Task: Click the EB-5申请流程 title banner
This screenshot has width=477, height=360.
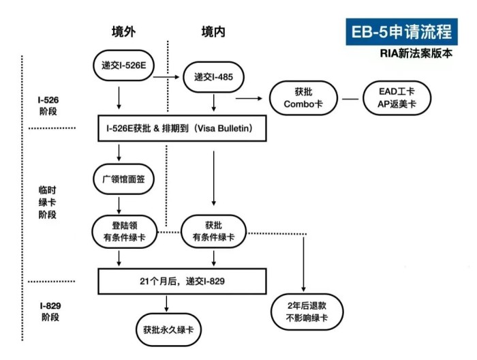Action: click(x=400, y=32)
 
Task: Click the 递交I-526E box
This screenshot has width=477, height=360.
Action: click(x=120, y=65)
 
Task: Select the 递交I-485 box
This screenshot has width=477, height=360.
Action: click(x=214, y=77)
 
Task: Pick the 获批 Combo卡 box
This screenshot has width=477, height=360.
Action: click(x=301, y=98)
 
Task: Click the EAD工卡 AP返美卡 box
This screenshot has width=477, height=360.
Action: click(x=396, y=98)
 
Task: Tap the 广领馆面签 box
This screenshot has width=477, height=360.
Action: click(x=120, y=180)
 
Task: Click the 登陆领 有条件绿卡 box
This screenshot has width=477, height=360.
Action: click(x=120, y=230)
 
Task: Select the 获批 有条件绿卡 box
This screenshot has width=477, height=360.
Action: click(x=214, y=230)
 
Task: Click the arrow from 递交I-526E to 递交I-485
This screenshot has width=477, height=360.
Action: click(x=166, y=77)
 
